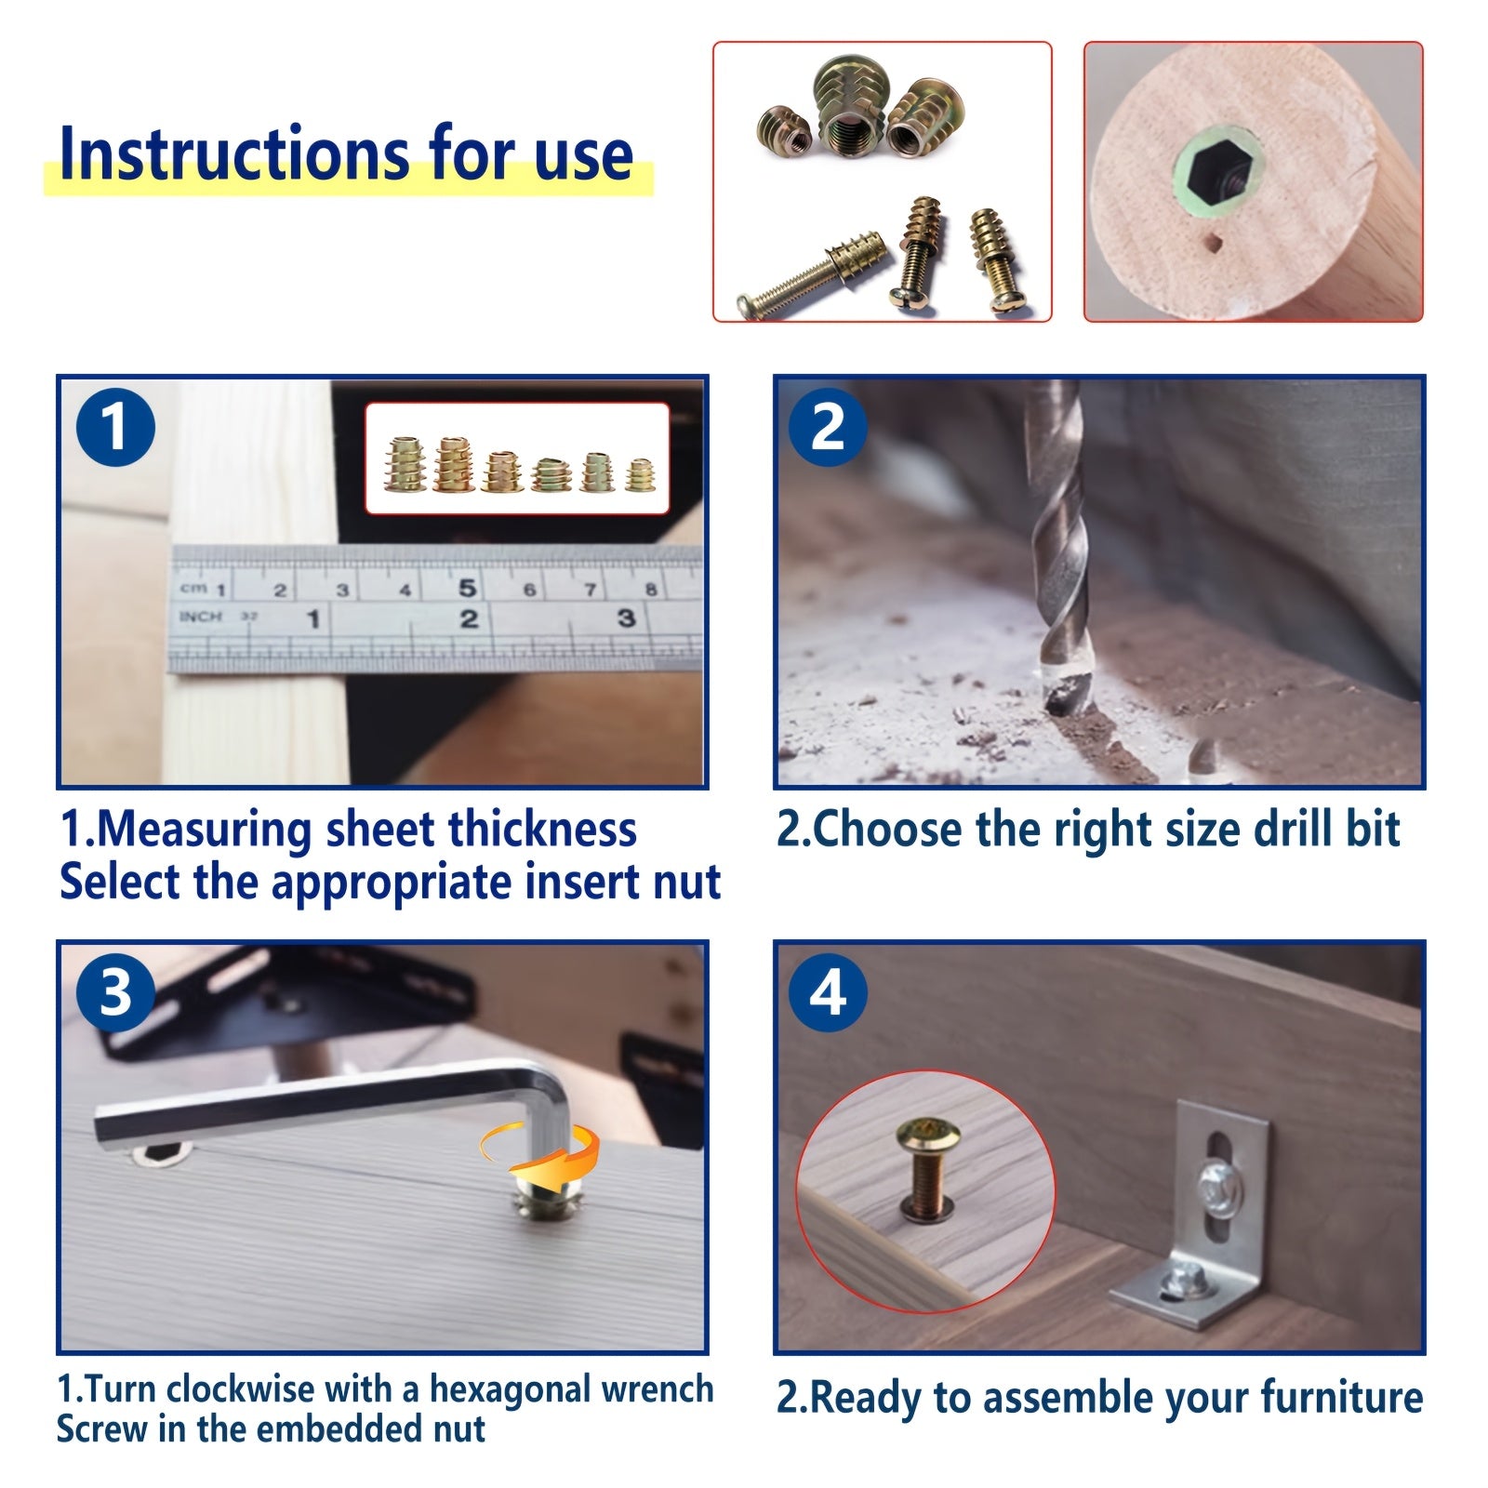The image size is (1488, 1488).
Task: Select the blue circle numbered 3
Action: click(x=115, y=992)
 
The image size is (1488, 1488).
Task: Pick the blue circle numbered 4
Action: click(x=828, y=992)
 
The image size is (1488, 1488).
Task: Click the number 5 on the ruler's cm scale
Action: click(x=467, y=587)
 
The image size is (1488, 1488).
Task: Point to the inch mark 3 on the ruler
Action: click(x=626, y=618)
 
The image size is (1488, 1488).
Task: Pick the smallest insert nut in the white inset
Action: click(x=639, y=475)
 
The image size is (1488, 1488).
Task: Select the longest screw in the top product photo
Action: click(x=801, y=274)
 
